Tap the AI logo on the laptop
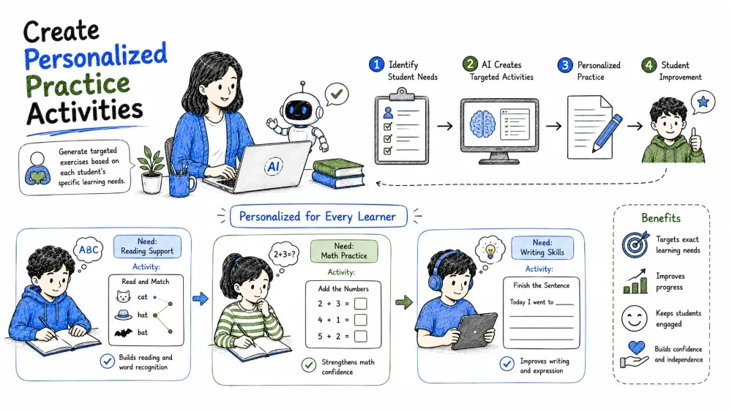[274, 167]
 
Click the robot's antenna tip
[303, 83]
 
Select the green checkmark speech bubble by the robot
[337, 94]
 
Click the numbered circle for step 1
[376, 64]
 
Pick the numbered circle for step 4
[649, 65]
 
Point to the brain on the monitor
[482, 124]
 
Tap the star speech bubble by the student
[703, 102]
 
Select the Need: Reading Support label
[147, 247]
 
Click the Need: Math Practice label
[344, 251]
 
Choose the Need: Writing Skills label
[542, 247]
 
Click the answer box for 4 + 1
[360, 320]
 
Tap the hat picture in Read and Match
[123, 315]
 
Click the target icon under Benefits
[635, 244]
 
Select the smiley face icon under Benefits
[635, 318]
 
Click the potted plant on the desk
[152, 170]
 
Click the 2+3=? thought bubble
[284, 255]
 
